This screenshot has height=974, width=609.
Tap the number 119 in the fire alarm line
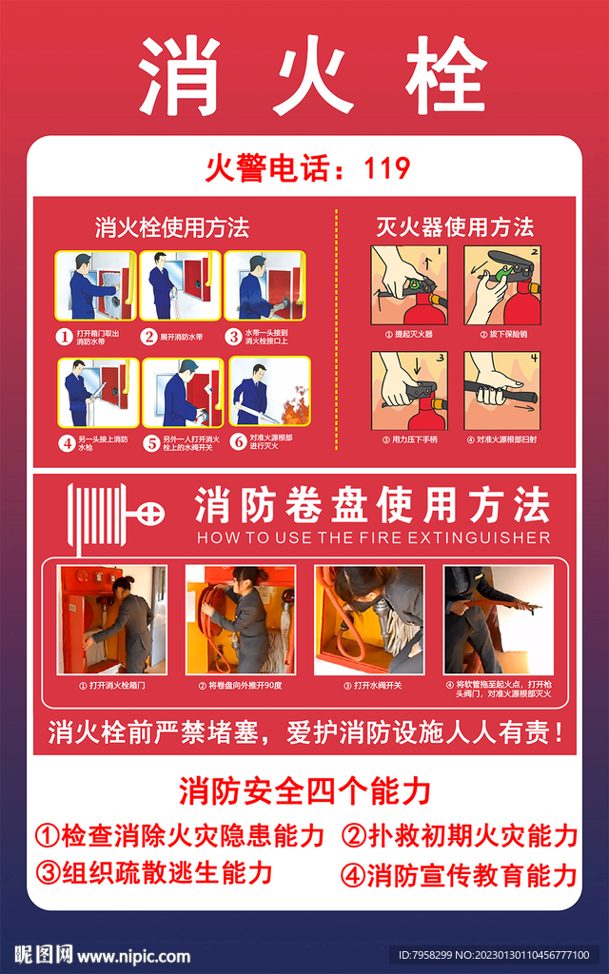(387, 169)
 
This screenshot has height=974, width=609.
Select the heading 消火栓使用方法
(172, 227)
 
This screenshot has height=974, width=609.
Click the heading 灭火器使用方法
(455, 227)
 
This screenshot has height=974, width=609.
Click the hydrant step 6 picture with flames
(268, 393)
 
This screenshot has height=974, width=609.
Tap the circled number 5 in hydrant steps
(150, 442)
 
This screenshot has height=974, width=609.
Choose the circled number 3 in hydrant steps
(232, 336)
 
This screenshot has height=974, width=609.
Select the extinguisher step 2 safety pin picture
(502, 286)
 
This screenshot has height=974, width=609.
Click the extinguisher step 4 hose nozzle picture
(502, 391)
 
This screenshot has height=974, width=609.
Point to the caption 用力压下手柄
(409, 440)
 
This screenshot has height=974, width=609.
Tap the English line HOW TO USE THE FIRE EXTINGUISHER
(373, 538)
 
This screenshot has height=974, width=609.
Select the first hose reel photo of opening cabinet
(112, 620)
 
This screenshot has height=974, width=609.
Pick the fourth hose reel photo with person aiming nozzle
(499, 620)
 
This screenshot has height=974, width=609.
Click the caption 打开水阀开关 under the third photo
(369, 686)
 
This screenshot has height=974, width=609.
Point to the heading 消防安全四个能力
(304, 790)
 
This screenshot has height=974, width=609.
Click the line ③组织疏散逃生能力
(155, 872)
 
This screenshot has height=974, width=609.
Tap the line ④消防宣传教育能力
(459, 874)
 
